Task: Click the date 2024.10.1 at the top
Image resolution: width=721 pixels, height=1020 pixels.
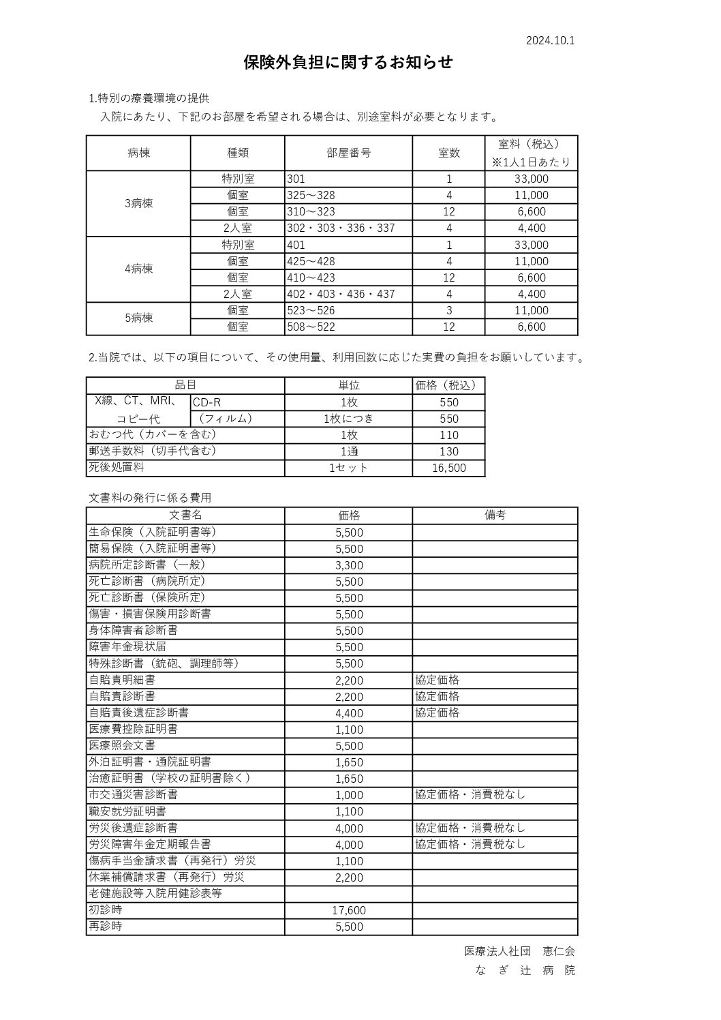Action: tap(550, 40)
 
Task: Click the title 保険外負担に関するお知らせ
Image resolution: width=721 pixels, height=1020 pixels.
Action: tap(348, 63)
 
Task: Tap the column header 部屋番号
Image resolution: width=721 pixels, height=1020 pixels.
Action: tap(348, 153)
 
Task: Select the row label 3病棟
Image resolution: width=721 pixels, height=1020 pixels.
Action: tap(138, 203)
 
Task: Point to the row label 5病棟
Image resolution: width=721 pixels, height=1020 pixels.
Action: tap(138, 318)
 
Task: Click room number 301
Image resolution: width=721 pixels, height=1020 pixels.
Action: tap(296, 179)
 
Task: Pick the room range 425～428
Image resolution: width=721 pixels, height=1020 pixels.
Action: tap(311, 261)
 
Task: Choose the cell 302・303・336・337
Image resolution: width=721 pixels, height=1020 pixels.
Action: tap(341, 228)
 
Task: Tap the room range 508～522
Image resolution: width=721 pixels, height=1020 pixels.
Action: tap(311, 327)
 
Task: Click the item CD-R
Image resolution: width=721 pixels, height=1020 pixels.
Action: tap(207, 402)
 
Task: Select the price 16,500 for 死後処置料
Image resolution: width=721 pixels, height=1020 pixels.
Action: tap(449, 468)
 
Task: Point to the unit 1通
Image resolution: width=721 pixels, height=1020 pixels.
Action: tap(348, 451)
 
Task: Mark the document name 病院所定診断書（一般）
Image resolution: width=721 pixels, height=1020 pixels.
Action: tap(147, 565)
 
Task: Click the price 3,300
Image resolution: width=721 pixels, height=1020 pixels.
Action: tap(349, 565)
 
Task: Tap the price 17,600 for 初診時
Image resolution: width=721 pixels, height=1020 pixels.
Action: tap(349, 910)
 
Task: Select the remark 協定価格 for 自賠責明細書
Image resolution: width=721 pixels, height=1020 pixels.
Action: tap(438, 680)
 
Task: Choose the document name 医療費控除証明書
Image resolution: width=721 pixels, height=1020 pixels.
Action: tap(133, 729)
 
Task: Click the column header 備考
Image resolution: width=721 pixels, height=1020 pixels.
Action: tap(495, 515)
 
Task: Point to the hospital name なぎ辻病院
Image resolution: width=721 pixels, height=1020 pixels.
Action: tap(525, 970)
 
